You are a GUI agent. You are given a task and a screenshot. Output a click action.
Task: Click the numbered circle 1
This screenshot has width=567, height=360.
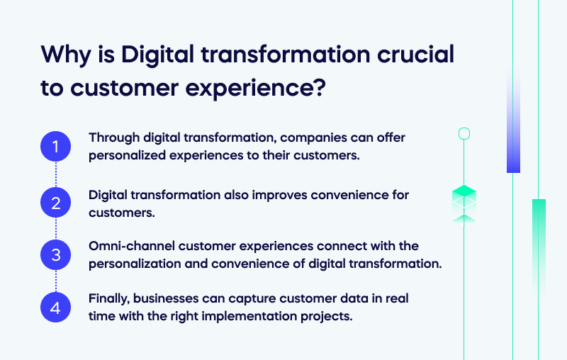(x=56, y=147)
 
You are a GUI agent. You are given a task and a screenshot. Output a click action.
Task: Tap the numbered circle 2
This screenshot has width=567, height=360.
(x=56, y=203)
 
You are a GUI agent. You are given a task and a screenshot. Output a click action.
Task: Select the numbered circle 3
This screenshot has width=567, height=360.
(x=56, y=254)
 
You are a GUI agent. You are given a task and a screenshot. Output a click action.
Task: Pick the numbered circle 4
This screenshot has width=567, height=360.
(x=56, y=308)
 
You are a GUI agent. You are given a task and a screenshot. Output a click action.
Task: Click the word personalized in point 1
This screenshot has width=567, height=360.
(x=123, y=154)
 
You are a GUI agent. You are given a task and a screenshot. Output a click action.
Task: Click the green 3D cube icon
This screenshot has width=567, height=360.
(x=464, y=198)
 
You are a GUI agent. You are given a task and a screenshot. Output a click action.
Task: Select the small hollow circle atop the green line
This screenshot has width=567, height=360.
(x=464, y=133)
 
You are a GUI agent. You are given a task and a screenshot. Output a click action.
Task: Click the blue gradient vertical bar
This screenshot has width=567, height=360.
(x=513, y=120)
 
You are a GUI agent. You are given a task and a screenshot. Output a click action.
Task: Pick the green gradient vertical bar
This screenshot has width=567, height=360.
(x=539, y=241)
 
